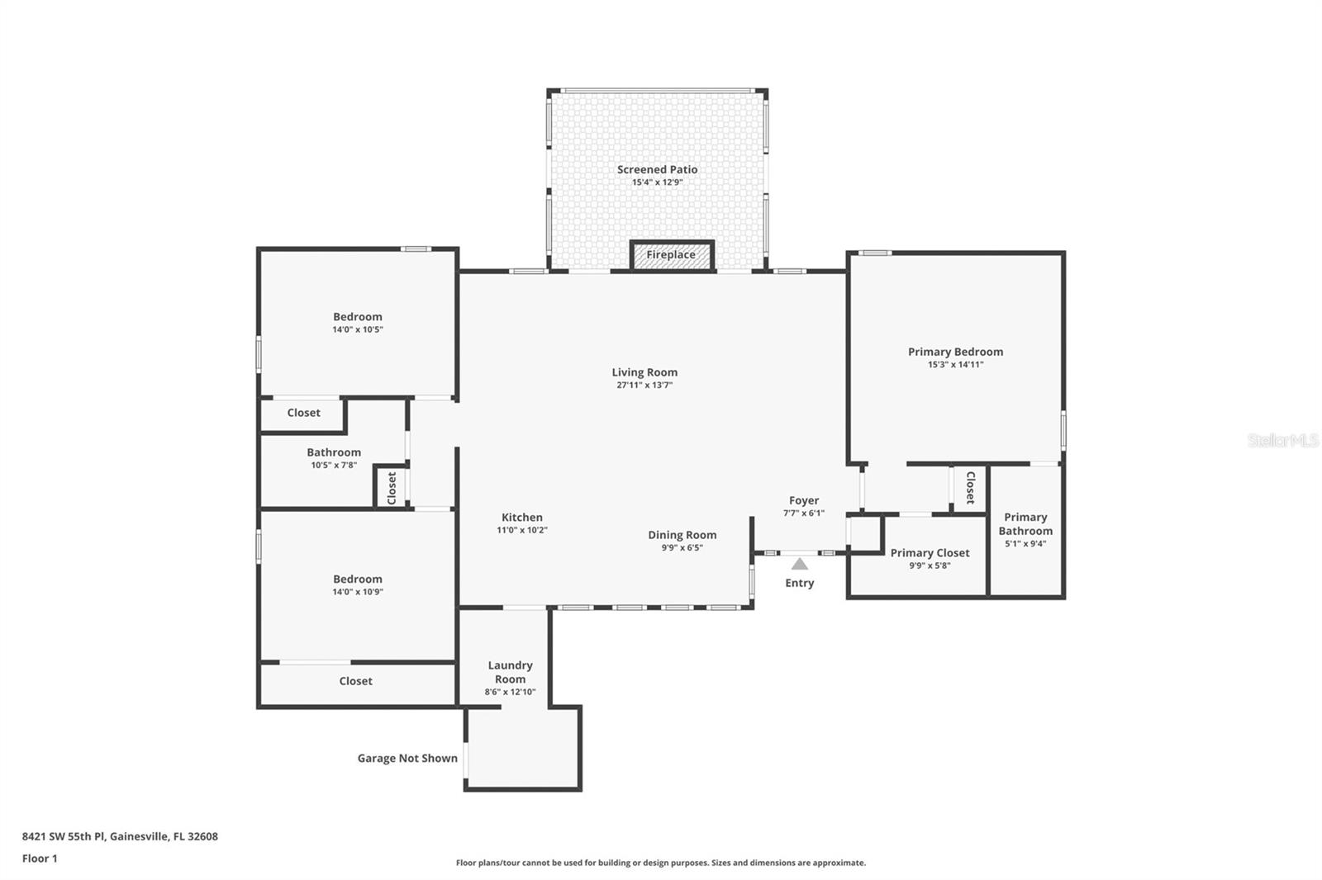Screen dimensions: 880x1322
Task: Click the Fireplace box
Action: [671, 255]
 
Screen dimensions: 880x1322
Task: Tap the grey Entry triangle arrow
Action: [799, 565]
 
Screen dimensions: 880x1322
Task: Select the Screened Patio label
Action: [657, 170]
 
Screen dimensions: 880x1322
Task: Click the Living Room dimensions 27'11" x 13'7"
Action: [644, 386]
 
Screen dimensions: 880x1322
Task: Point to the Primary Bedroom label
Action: [955, 352]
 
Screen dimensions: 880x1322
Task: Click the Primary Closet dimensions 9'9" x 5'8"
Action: [930, 565]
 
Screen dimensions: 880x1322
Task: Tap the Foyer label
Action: [803, 500]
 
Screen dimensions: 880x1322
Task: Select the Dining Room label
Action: [682, 535]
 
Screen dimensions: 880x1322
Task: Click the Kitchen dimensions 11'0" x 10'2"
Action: [521, 530]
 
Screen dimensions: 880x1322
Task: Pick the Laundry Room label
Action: [510, 672]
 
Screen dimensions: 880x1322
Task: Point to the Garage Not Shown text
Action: [407, 758]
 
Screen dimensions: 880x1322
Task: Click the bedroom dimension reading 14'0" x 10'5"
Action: [357, 329]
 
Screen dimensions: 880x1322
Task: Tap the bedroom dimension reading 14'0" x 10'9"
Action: [357, 592]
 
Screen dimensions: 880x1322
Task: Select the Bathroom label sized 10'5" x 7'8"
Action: [334, 452]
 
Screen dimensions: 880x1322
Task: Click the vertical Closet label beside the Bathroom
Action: [392, 488]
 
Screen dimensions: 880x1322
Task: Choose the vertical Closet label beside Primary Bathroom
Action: [970, 488]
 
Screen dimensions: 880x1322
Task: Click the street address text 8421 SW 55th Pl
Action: [120, 836]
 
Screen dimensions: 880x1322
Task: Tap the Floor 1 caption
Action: [40, 859]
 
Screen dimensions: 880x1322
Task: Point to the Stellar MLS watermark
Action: [1282, 441]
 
